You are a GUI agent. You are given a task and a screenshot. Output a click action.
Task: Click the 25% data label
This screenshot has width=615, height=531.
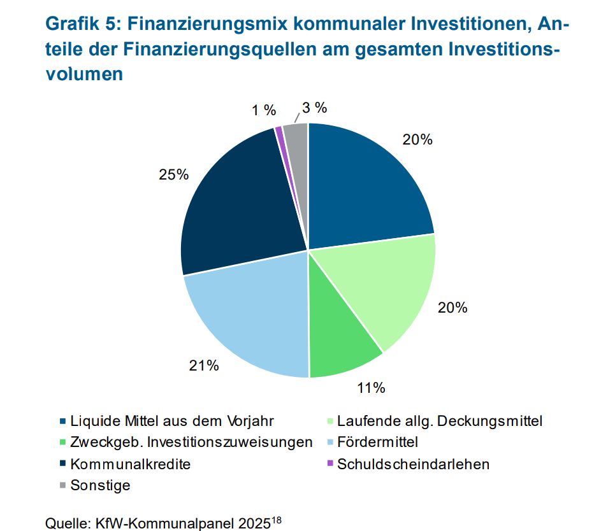pyautogui.click(x=173, y=174)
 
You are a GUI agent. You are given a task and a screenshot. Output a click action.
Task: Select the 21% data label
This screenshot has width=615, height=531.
pyautogui.click(x=204, y=365)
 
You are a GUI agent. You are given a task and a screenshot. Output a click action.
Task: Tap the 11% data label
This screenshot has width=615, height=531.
pyautogui.click(x=370, y=387)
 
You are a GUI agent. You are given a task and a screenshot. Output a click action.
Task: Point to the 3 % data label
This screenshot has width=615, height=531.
pyautogui.click(x=314, y=107)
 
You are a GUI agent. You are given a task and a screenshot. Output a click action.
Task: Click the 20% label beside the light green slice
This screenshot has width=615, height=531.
pyautogui.click(x=452, y=308)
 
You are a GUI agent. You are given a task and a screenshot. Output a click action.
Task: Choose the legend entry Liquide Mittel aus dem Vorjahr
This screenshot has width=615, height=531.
pyautogui.click(x=172, y=421)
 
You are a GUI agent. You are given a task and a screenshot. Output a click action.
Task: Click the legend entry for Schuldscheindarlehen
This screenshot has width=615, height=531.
pyautogui.click(x=414, y=464)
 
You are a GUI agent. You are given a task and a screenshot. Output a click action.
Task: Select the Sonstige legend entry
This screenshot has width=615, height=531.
pyautogui.click(x=100, y=486)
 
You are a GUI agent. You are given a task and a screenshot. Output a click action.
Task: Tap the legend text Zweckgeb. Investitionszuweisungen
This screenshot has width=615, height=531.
pyautogui.click(x=191, y=442)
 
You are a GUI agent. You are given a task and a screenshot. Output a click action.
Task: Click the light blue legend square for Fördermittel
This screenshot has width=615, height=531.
pyautogui.click(x=329, y=442)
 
